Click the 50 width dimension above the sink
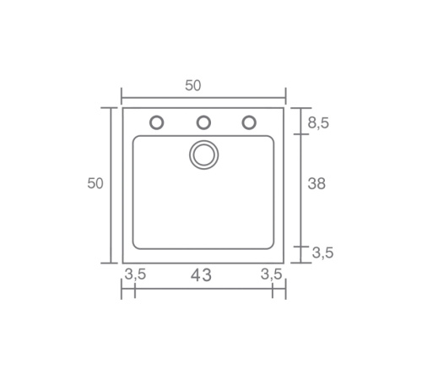[193, 85]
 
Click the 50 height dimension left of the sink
[95, 183]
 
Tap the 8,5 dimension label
[318, 123]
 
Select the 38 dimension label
[316, 183]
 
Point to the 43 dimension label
[201, 275]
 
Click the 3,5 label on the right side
[322, 252]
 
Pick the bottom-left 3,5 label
[135, 274]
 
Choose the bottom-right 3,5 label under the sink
[271, 274]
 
